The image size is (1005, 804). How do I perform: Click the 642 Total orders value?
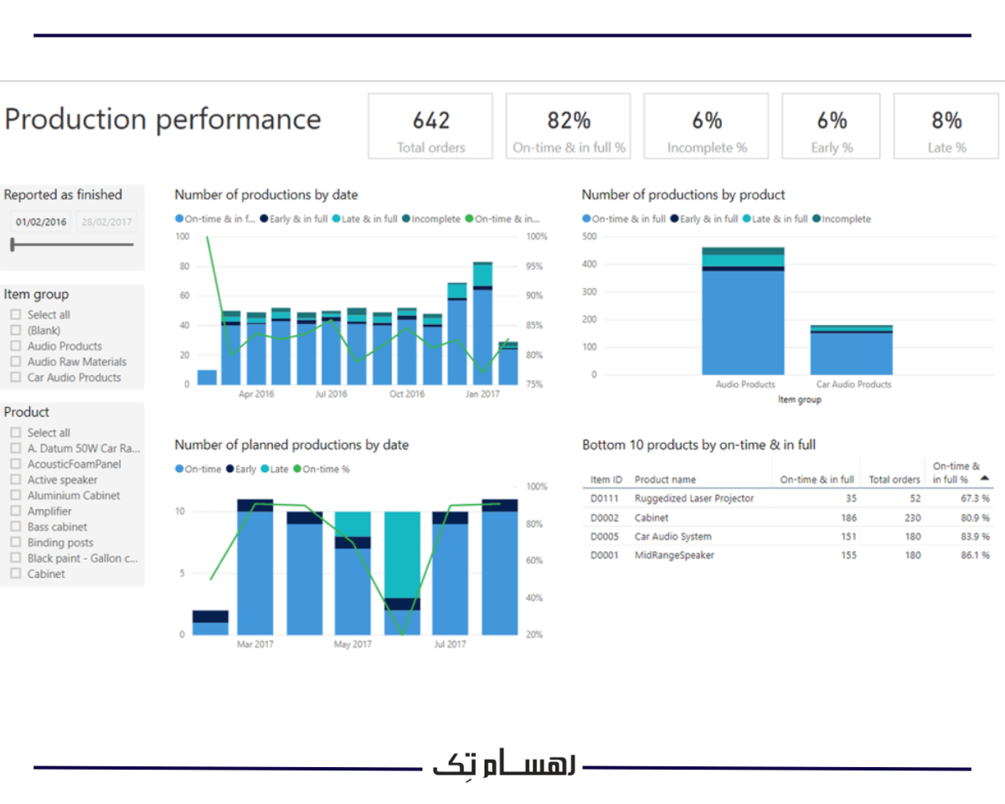click(430, 121)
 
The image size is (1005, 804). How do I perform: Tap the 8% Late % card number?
click(946, 121)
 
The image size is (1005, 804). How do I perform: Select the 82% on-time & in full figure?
click(569, 121)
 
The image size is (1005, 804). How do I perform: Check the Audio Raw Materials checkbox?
click(15, 362)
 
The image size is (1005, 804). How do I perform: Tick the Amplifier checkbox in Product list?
click(15, 511)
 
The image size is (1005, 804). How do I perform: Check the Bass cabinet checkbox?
click(15, 527)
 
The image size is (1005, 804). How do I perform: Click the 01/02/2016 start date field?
click(40, 222)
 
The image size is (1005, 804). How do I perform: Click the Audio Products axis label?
click(745, 384)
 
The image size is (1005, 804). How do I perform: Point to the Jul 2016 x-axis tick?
click(331, 394)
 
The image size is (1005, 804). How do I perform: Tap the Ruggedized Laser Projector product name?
click(693, 498)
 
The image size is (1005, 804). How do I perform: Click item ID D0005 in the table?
click(605, 537)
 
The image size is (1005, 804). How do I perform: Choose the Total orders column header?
click(894, 480)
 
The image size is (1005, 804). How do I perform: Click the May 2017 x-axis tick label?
click(353, 644)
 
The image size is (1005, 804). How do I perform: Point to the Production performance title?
click(162, 119)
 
